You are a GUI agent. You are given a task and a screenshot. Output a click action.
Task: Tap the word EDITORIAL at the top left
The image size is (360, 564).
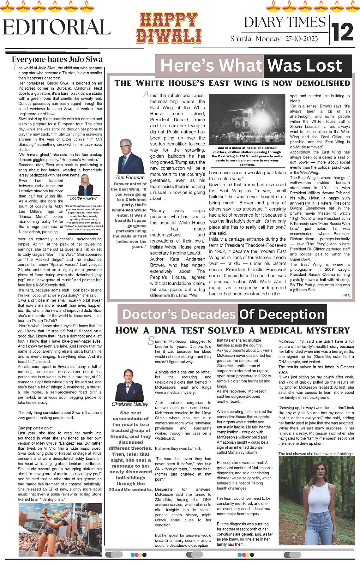(x=57, y=27)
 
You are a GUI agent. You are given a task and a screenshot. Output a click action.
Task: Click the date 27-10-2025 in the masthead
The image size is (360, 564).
(x=302, y=39)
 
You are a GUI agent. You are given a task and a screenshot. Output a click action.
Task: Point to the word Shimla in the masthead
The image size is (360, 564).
(x=241, y=39)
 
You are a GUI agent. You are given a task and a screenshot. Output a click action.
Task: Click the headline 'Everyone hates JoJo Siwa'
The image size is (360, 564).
(x=57, y=59)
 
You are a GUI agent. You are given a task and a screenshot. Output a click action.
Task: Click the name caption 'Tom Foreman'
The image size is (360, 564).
(x=130, y=177)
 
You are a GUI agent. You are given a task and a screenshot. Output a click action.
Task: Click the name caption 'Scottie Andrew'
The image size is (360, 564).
(x=83, y=198)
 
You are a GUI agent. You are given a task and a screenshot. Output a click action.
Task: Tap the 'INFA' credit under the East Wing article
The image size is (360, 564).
(x=346, y=295)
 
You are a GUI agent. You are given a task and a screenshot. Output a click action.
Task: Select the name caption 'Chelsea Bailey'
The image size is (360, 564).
(x=130, y=404)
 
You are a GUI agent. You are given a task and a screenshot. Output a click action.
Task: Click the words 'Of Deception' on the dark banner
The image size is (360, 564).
(x=282, y=315)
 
